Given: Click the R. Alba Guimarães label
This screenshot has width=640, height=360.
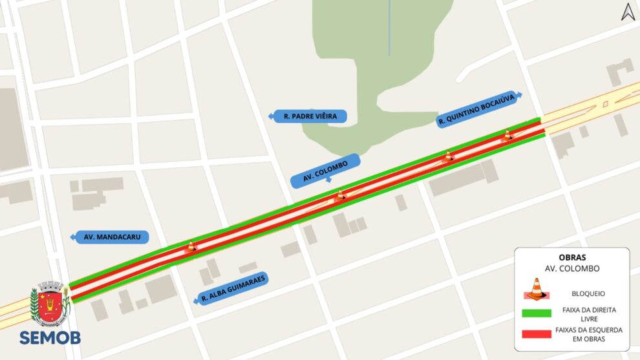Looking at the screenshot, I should pos(233,289).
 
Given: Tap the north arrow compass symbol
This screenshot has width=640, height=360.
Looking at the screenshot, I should pos(628,12).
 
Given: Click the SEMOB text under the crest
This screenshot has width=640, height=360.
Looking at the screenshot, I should pos(50,338).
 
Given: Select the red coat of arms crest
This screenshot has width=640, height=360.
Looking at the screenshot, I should pos(50,304).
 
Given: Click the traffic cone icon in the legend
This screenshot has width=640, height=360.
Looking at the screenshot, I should pos(536,289).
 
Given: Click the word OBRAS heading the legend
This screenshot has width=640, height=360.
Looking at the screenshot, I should pos(571,257).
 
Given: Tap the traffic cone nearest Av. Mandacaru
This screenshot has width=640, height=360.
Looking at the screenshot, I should pos(191,246).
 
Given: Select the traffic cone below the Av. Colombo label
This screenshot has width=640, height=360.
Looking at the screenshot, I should pos(340,194).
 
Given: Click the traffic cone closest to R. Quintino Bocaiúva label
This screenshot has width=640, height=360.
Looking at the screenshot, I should pos(507,135).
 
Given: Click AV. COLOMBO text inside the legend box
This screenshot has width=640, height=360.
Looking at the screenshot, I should pos(571,268).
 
